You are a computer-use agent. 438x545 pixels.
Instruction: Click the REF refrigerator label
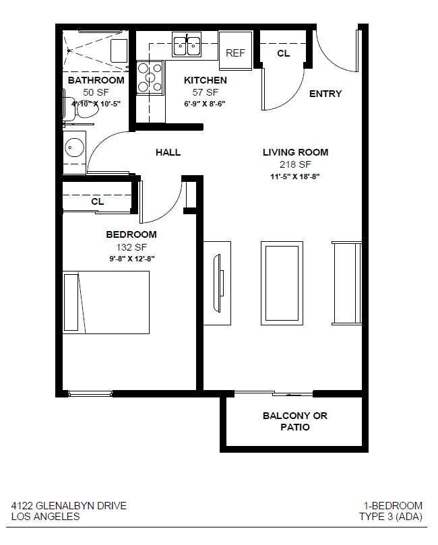235,53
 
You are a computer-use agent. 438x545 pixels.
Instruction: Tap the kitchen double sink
187,45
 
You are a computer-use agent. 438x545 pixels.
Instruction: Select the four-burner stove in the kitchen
150,78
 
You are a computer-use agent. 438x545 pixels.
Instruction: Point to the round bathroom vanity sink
74,148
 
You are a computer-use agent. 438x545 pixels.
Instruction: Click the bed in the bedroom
106,302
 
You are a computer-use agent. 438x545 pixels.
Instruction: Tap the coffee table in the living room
282,283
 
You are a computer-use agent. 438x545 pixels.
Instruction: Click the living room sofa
347,283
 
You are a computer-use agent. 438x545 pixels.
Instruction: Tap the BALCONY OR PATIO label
295,421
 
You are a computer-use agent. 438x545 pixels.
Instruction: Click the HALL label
168,152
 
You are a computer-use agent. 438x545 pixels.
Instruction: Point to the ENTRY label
325,94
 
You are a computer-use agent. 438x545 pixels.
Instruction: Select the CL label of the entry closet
283,53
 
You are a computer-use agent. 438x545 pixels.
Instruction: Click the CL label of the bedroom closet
97,201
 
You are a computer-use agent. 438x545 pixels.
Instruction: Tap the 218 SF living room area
295,164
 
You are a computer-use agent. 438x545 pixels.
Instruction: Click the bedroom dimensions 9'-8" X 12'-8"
132,259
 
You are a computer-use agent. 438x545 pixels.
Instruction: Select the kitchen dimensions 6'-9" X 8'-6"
205,104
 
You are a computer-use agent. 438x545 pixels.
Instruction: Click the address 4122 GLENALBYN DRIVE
69,506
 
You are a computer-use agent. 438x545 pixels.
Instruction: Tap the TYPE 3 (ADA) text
391,517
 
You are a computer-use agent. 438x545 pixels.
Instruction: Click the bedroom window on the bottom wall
90,394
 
